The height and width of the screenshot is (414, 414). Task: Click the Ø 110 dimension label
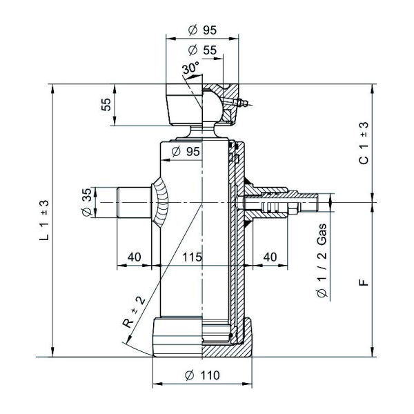pyautogui.click(x=202, y=375)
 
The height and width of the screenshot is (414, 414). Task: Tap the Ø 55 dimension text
pyautogui.click(x=202, y=50)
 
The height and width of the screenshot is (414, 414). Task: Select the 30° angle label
pyautogui.click(x=190, y=68)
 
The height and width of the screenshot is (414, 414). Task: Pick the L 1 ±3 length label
pyautogui.click(x=44, y=219)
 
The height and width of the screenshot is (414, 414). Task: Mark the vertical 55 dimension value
pyautogui.click(x=106, y=106)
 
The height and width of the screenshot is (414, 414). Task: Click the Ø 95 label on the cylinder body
pyautogui.click(x=184, y=151)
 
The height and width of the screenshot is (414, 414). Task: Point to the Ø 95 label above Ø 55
pyautogui.click(x=202, y=30)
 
